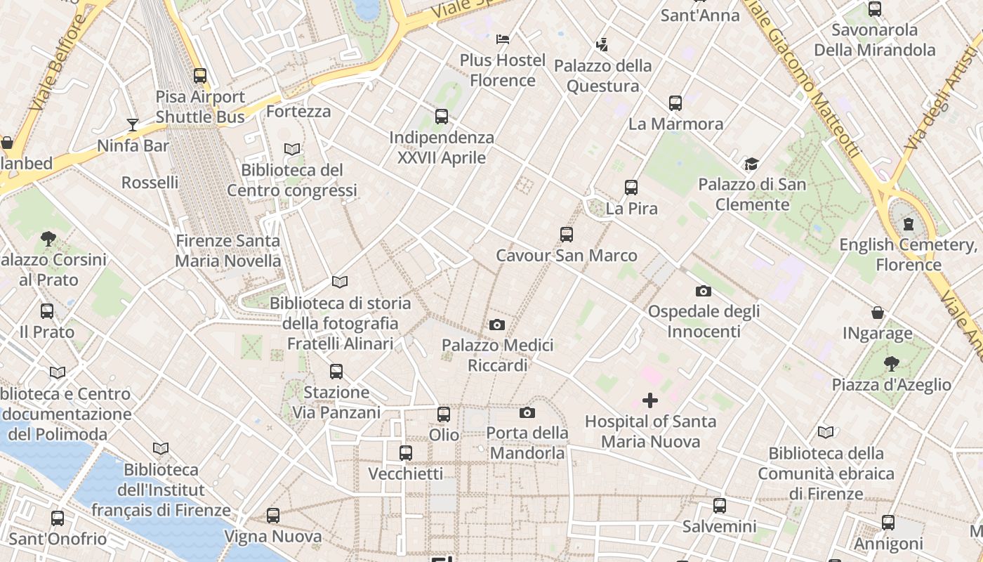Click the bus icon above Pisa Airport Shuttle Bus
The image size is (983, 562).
click(200, 76)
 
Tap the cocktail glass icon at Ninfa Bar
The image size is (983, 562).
click(133, 125)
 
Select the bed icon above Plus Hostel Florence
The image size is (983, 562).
click(503, 39)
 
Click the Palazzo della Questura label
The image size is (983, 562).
click(602, 76)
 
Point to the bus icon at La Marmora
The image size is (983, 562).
click(675, 103)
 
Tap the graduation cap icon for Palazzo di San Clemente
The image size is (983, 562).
click(752, 164)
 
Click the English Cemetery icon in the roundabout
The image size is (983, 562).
click(909, 225)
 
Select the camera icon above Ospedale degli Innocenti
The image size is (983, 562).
click(704, 291)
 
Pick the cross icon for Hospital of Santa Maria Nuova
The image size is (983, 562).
click(650, 400)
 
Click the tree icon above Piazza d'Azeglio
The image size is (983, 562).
click(891, 364)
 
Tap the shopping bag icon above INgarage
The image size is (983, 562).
click(878, 313)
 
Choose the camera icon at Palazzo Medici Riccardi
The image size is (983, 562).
click(497, 325)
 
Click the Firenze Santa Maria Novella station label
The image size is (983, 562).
click(227, 251)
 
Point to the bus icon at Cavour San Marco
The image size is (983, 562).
click(567, 235)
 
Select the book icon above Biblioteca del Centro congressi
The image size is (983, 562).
click(292, 149)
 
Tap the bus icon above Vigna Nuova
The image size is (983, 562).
click(273, 516)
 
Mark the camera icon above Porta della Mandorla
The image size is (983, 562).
click(527, 412)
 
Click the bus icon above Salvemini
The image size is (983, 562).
click(720, 506)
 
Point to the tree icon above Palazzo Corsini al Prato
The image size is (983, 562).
click(48, 239)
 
